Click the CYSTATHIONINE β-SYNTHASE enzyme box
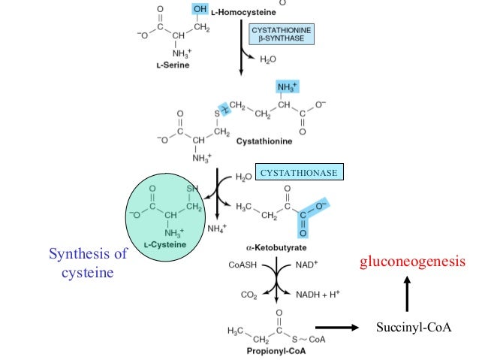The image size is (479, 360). (281, 34)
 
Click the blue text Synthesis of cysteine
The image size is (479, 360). (87, 263)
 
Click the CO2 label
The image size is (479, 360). (248, 294)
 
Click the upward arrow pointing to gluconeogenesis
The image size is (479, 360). (406, 294)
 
